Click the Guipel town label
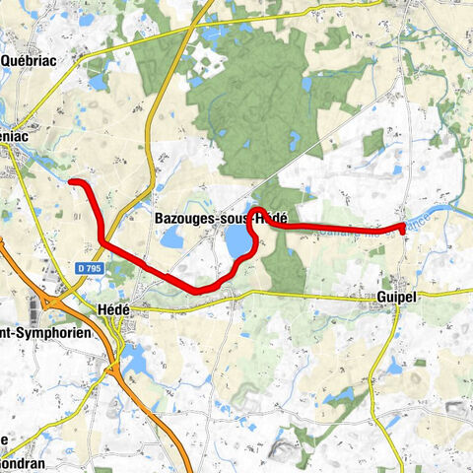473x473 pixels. pyautogui.click(x=397, y=295)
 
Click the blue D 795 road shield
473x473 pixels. pyautogui.click(x=89, y=268)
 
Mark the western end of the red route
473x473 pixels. pyautogui.click(x=72, y=181)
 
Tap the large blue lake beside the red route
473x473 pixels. pyautogui.click(x=237, y=240)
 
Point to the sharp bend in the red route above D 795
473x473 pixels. pyautogui.click(x=102, y=241)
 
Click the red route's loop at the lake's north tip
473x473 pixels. pyautogui.click(x=257, y=213)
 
